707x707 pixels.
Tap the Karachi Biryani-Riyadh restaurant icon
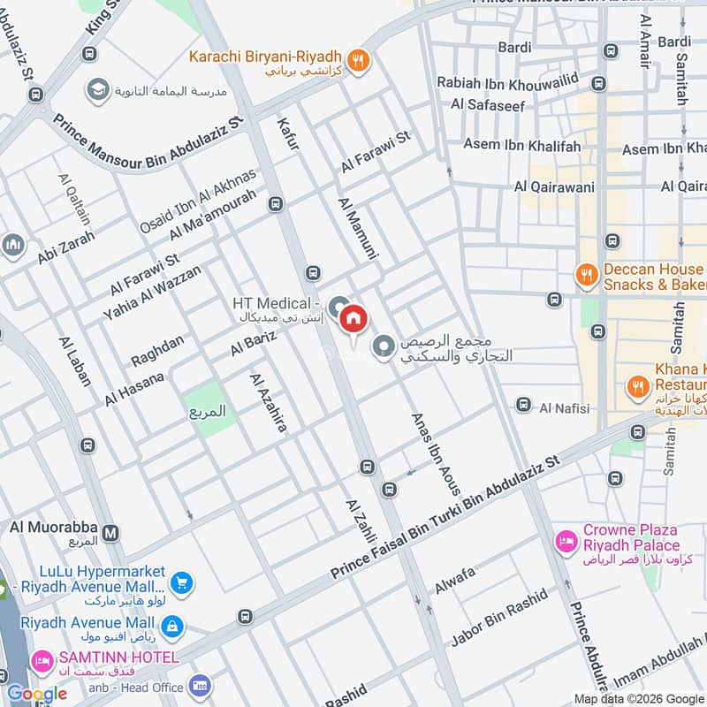tap(358, 59)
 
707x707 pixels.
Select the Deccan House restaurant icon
tap(585, 275)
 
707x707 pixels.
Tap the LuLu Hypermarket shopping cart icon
tap(181, 582)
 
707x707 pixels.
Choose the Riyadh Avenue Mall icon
tap(172, 627)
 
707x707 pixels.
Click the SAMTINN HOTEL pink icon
tap(41, 660)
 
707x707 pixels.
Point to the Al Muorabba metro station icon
tap(110, 533)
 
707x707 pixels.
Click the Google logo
tap(36, 693)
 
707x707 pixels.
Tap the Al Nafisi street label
tap(564, 407)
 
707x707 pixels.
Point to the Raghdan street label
tap(158, 351)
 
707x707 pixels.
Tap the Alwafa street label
tap(454, 580)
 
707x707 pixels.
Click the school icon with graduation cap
tap(97, 89)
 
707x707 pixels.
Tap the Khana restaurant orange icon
tap(635, 385)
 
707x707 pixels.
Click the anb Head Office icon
tap(200, 687)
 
